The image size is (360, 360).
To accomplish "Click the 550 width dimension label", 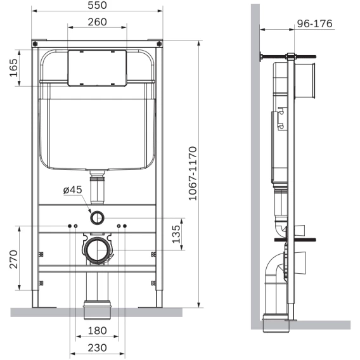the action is [x=97, y=5].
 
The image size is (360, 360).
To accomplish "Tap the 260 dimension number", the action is [x=97, y=22].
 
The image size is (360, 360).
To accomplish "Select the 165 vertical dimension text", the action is [x=13, y=68].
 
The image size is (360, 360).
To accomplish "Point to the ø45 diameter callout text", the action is [x=72, y=190].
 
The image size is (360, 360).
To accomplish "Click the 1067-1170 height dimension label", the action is [x=193, y=174].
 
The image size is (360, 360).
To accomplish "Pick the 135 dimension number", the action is [x=176, y=234].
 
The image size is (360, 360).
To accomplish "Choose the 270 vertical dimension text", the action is [x=13, y=259].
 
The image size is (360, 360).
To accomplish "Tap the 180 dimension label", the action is [x=97, y=331].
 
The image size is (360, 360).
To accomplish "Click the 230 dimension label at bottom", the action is [x=97, y=348].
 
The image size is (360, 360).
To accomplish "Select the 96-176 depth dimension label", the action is [x=314, y=23].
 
